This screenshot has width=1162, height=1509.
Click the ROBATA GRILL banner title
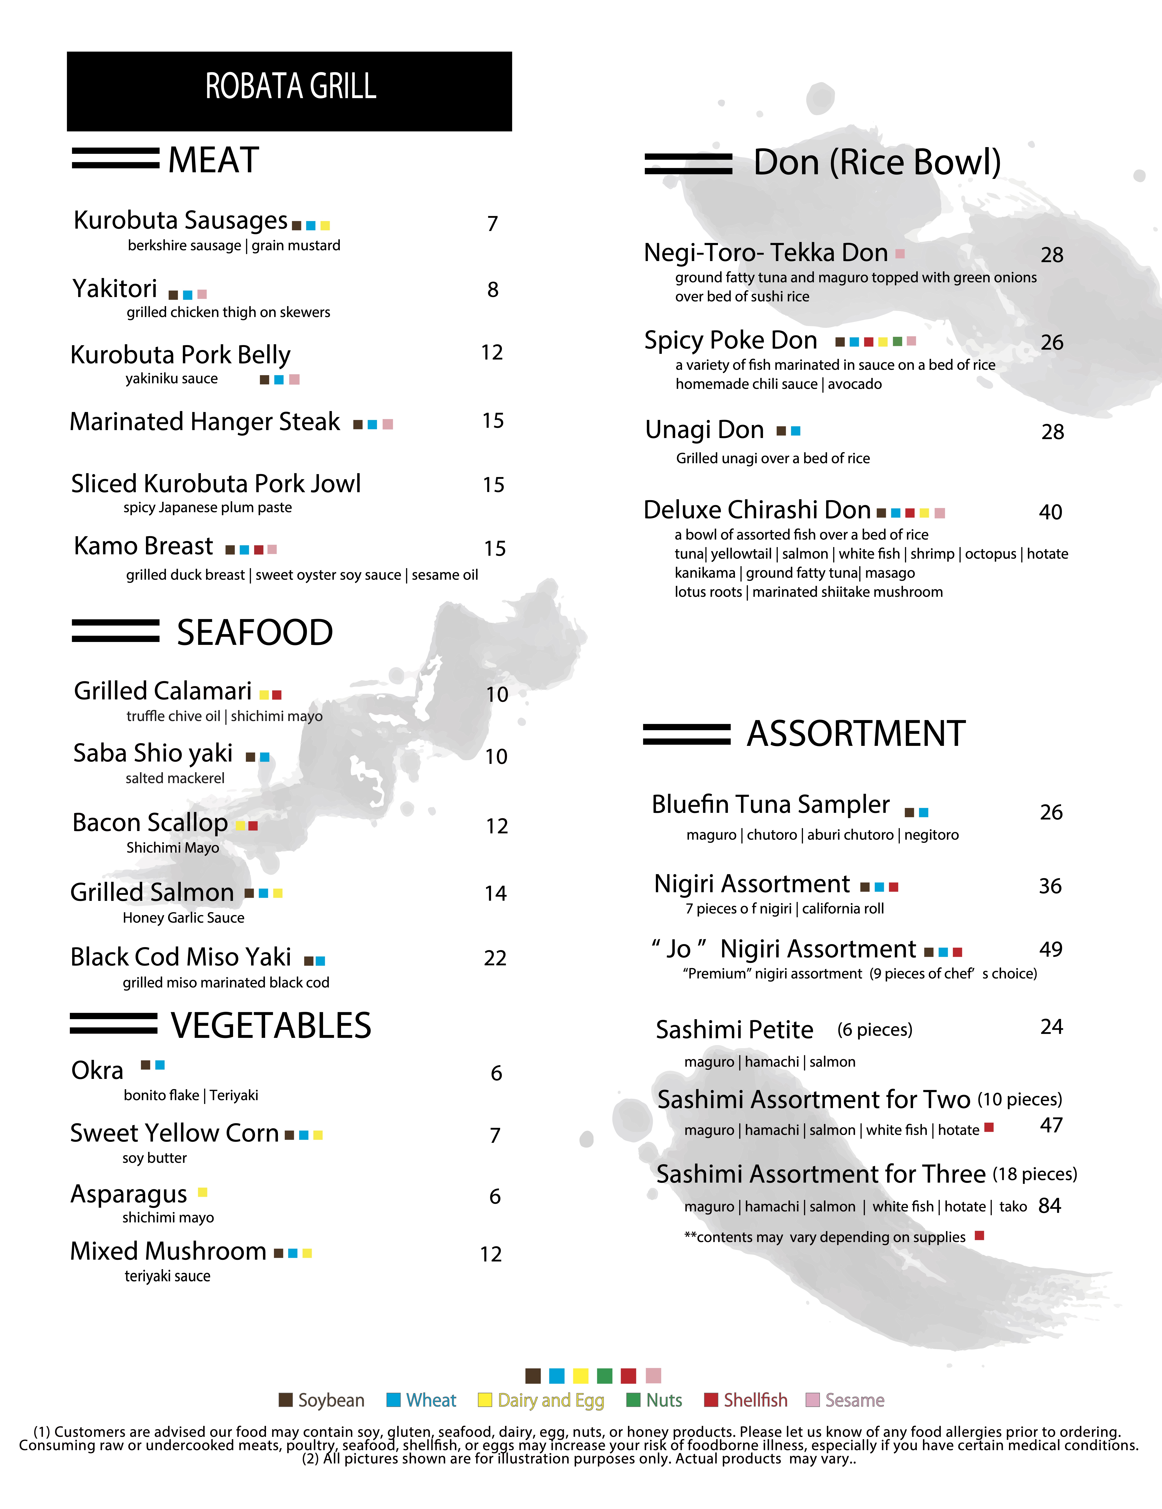point(290,87)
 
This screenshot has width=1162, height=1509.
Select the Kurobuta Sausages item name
point(180,220)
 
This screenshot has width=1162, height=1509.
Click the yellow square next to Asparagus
point(202,1192)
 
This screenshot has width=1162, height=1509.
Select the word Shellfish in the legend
point(755,1400)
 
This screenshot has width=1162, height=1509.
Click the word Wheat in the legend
point(431,1400)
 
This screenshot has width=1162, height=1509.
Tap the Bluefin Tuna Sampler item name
point(770,805)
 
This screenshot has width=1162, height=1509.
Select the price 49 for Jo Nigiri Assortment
point(1050,949)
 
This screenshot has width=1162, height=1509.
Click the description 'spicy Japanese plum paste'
point(207,508)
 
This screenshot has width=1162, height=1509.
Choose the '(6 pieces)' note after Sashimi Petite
point(875,1030)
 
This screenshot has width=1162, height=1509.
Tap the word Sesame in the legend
point(855,1400)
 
